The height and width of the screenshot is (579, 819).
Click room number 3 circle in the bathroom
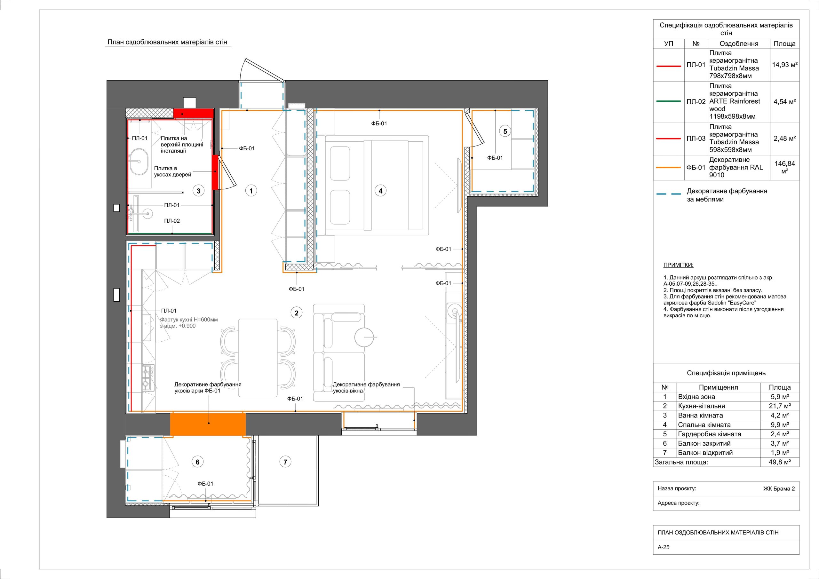(199, 191)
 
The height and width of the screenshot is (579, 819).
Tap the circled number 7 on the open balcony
(285, 462)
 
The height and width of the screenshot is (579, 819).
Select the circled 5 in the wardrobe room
(505, 131)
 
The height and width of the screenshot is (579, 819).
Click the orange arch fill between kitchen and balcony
(208, 424)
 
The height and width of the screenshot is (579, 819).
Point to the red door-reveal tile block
(215, 172)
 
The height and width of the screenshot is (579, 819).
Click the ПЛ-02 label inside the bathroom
(172, 221)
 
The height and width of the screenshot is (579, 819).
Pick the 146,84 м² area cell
(785, 167)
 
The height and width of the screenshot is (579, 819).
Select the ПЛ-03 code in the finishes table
(696, 139)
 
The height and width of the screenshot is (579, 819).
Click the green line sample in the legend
(669, 101)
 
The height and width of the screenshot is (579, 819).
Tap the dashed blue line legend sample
(669, 195)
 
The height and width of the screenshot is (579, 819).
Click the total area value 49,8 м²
(780, 462)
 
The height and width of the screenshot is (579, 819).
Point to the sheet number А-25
(664, 557)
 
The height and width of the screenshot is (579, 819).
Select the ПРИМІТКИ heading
(679, 265)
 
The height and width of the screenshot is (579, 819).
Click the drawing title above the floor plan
(167, 43)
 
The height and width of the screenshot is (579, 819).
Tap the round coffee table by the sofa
(364, 337)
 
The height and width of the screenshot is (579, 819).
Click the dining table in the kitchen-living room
(258, 358)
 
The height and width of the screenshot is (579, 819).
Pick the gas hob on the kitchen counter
(148, 377)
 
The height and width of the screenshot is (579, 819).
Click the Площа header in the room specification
(780, 387)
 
